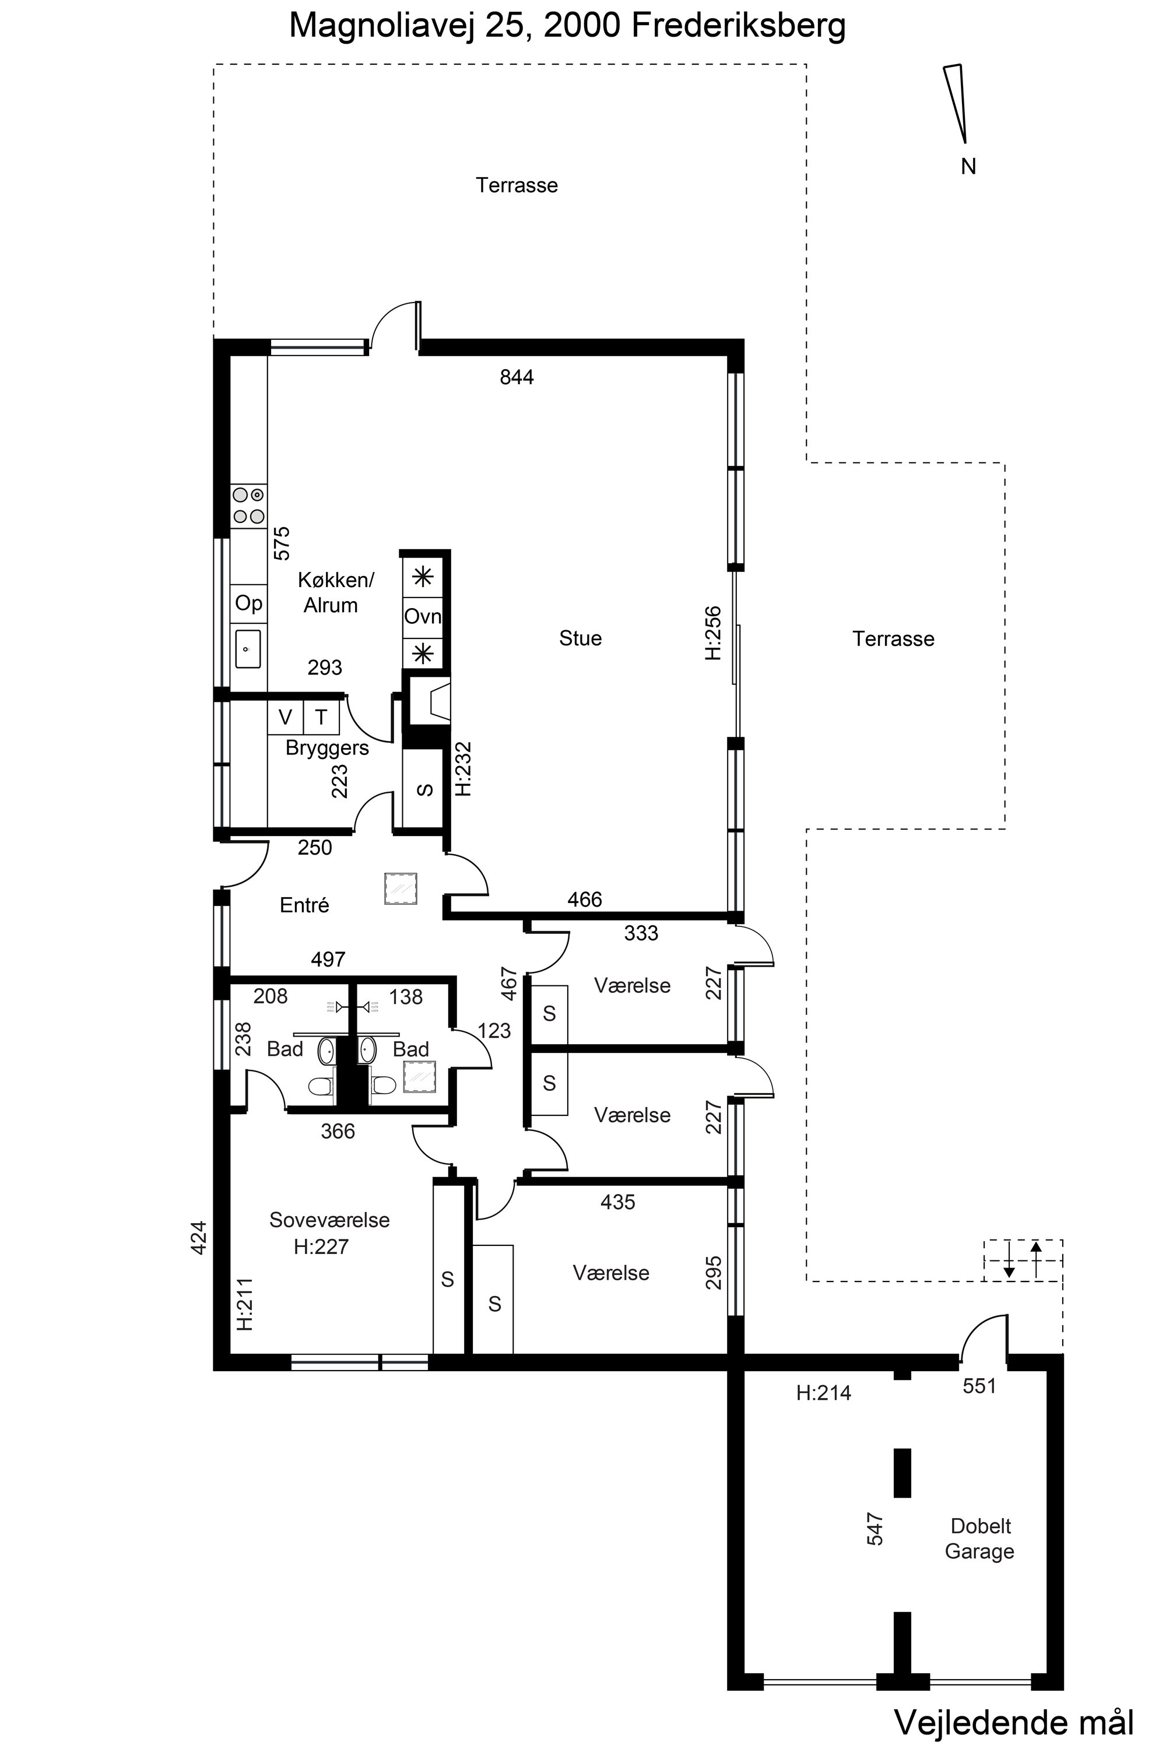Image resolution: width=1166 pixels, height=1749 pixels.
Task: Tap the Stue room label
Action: (x=580, y=638)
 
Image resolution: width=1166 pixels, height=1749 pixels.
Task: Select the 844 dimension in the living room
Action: (x=517, y=378)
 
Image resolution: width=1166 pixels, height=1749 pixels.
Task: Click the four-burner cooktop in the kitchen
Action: (x=248, y=505)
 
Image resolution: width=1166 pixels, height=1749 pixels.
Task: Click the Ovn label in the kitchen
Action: (x=422, y=616)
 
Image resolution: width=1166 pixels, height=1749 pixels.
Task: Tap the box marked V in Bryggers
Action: (x=286, y=718)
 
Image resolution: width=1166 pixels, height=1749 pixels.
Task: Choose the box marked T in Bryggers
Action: (x=321, y=718)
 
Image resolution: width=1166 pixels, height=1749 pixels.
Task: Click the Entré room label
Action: (x=304, y=905)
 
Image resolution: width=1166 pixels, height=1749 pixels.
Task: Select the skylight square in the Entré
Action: (x=401, y=888)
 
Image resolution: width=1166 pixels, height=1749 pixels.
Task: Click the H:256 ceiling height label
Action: (x=713, y=634)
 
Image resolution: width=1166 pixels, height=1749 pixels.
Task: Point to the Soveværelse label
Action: (x=329, y=1220)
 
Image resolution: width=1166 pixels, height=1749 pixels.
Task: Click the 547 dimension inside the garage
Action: (x=875, y=1529)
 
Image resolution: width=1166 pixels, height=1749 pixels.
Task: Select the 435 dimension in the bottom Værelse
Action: (x=618, y=1202)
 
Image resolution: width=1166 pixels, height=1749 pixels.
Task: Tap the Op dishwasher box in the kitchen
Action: (x=248, y=603)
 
